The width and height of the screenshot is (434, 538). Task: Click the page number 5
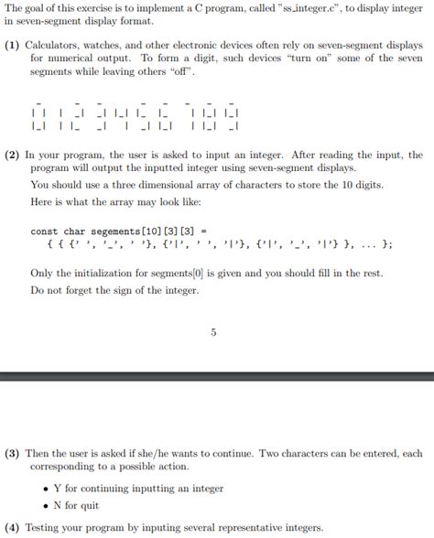(213, 332)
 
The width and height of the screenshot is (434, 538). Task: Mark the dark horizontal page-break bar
(217, 376)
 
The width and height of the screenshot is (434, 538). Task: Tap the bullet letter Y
(57, 489)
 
